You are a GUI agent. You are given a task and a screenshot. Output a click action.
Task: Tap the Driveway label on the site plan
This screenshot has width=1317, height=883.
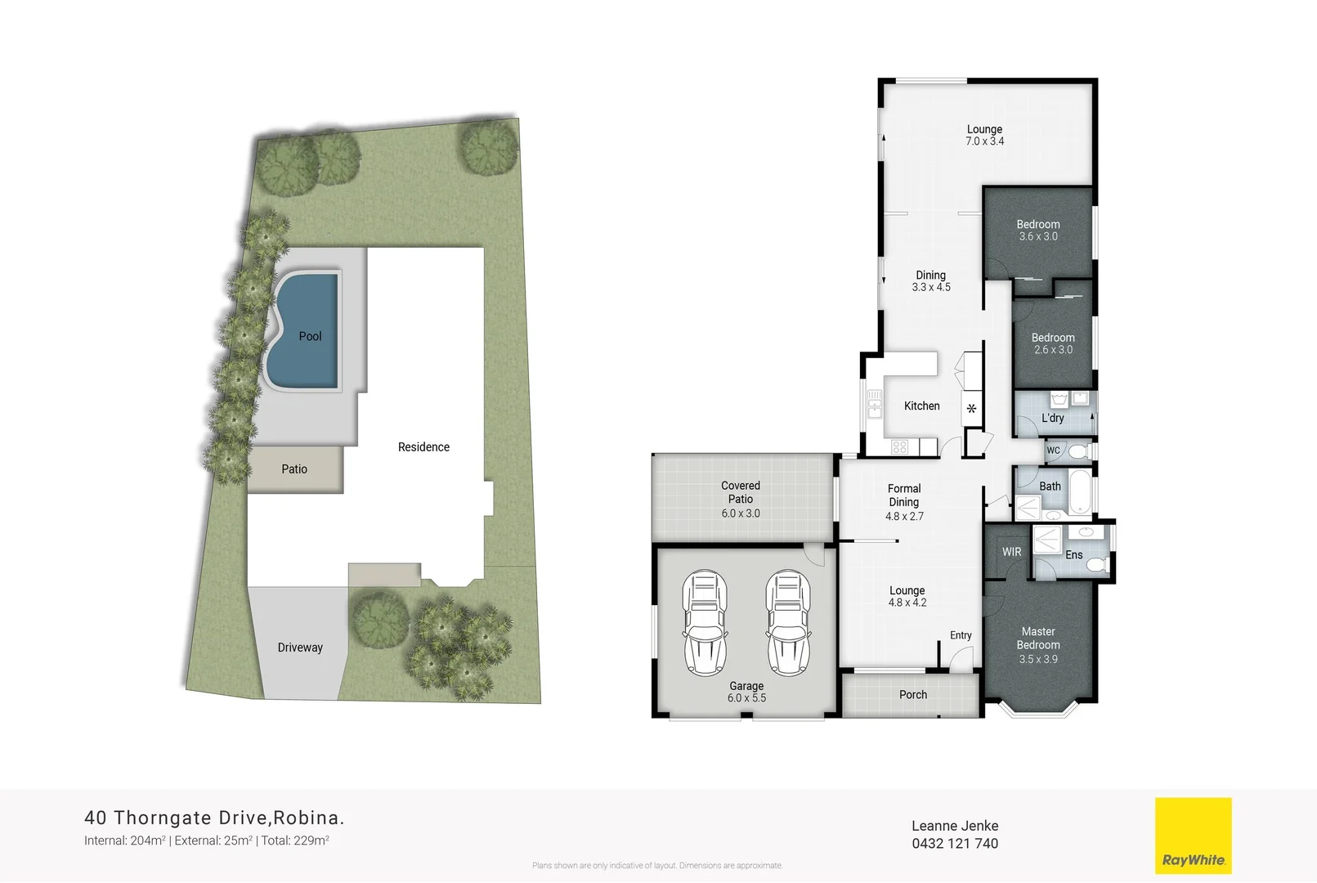tap(300, 648)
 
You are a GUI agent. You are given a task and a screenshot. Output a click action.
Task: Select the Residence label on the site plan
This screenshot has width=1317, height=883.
tap(423, 447)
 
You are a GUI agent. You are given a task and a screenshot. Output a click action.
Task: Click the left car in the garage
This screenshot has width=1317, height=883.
tap(705, 622)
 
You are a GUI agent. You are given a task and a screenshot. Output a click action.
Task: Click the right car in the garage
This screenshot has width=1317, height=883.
tap(788, 622)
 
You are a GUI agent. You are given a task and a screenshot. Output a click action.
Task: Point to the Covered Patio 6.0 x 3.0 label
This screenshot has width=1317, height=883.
tap(741, 499)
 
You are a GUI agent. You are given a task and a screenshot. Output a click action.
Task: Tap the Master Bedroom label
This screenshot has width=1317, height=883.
tap(1038, 644)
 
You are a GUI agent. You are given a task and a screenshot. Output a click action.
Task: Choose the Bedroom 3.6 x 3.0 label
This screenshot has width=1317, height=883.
tap(1038, 230)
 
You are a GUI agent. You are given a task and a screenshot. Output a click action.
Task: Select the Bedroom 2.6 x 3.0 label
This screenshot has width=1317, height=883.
tap(1053, 343)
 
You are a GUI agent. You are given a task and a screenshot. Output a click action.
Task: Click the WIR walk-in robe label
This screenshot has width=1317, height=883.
tap(1012, 552)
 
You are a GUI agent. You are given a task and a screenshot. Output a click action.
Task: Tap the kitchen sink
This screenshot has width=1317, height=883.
tap(875, 404)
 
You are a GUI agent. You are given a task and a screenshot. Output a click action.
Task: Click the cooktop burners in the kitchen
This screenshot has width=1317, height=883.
tap(900, 447)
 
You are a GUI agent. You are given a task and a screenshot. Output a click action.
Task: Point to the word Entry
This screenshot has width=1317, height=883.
tap(961, 635)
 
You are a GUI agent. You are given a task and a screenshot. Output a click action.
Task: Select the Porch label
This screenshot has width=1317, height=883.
tap(913, 695)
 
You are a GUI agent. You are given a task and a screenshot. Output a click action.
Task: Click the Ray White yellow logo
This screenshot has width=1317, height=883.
tap(1193, 836)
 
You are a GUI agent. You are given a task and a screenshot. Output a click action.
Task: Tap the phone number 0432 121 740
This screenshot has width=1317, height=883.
tap(955, 844)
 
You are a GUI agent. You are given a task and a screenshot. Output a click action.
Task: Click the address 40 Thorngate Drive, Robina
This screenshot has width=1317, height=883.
tap(214, 818)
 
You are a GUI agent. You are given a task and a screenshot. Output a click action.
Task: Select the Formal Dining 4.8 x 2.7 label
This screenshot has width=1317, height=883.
tap(904, 502)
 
